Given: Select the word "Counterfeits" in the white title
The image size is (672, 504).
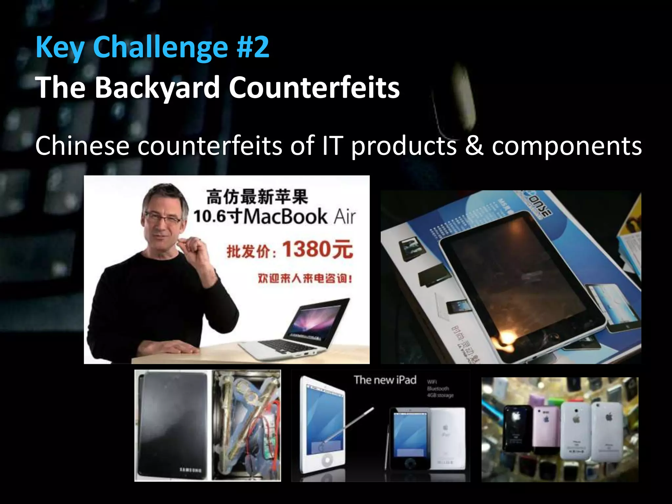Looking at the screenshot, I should [x=314, y=88].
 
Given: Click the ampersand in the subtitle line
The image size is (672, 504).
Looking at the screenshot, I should [x=474, y=145].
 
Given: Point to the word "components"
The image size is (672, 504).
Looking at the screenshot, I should [x=566, y=146].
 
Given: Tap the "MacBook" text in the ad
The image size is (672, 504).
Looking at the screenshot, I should [x=285, y=217].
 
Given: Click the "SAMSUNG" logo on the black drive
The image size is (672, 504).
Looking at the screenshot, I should [x=191, y=470].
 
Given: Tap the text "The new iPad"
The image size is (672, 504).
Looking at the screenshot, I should [x=385, y=380].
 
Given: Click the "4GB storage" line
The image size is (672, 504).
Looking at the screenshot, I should [x=440, y=395].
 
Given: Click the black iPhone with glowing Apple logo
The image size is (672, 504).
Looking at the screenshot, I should [x=517, y=428].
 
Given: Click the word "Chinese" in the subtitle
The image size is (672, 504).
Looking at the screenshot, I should [x=82, y=145].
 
